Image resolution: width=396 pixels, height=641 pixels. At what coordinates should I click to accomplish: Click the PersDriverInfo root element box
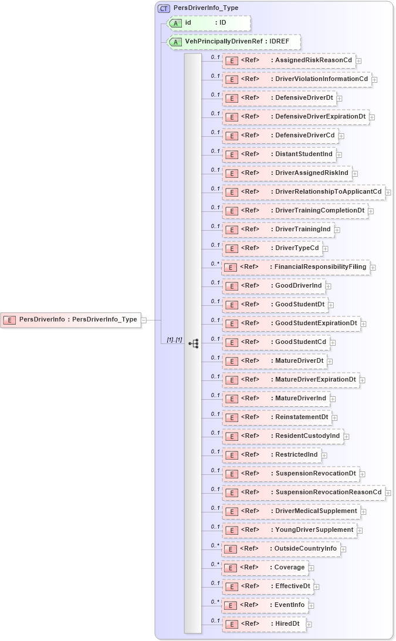pos(71,320)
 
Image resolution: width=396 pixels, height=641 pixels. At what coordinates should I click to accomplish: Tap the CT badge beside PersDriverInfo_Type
pos(164,8)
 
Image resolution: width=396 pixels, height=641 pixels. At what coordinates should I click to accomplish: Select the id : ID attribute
pos(209,23)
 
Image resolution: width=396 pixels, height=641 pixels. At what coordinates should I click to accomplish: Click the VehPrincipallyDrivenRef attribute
pos(233,42)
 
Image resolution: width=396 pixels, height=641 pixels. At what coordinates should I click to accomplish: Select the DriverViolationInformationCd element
pos(297,79)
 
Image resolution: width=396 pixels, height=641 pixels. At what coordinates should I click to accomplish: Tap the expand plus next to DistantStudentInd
pos(339,154)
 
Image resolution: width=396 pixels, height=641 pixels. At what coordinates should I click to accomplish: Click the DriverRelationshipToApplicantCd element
pos(303,191)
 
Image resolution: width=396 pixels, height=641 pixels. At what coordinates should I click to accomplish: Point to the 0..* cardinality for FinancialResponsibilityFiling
pos(215,264)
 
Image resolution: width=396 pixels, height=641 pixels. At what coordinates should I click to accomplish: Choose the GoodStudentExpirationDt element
pos(292,323)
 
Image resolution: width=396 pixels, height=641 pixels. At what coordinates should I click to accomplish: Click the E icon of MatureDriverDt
pos(231,361)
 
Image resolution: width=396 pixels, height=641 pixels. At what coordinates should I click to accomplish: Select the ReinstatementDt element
pos(277,417)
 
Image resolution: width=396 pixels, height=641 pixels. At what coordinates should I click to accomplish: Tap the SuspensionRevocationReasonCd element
pos(303,492)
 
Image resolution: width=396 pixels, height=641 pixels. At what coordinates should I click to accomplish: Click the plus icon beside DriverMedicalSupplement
pos(364,511)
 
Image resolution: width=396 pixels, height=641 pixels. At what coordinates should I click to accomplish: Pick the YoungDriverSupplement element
pos(290,529)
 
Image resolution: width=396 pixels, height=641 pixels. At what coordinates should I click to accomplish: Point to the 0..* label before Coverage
pos(215,564)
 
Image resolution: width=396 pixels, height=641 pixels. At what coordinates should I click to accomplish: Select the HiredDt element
pos(264,623)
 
